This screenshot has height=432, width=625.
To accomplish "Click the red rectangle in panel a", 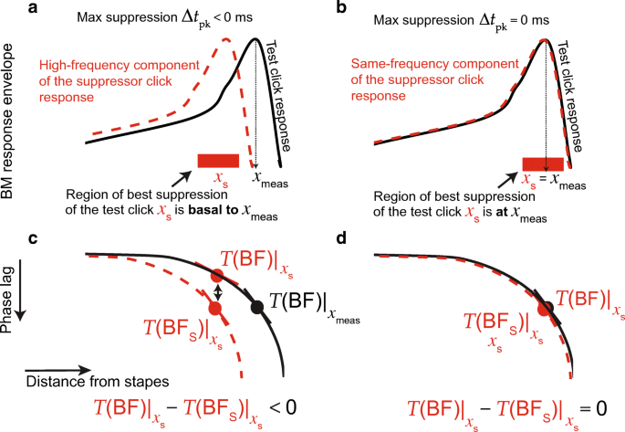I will click(x=218, y=161).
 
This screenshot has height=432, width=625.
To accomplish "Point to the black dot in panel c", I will click(x=256, y=307).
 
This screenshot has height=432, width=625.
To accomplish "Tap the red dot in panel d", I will click(x=544, y=310).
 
